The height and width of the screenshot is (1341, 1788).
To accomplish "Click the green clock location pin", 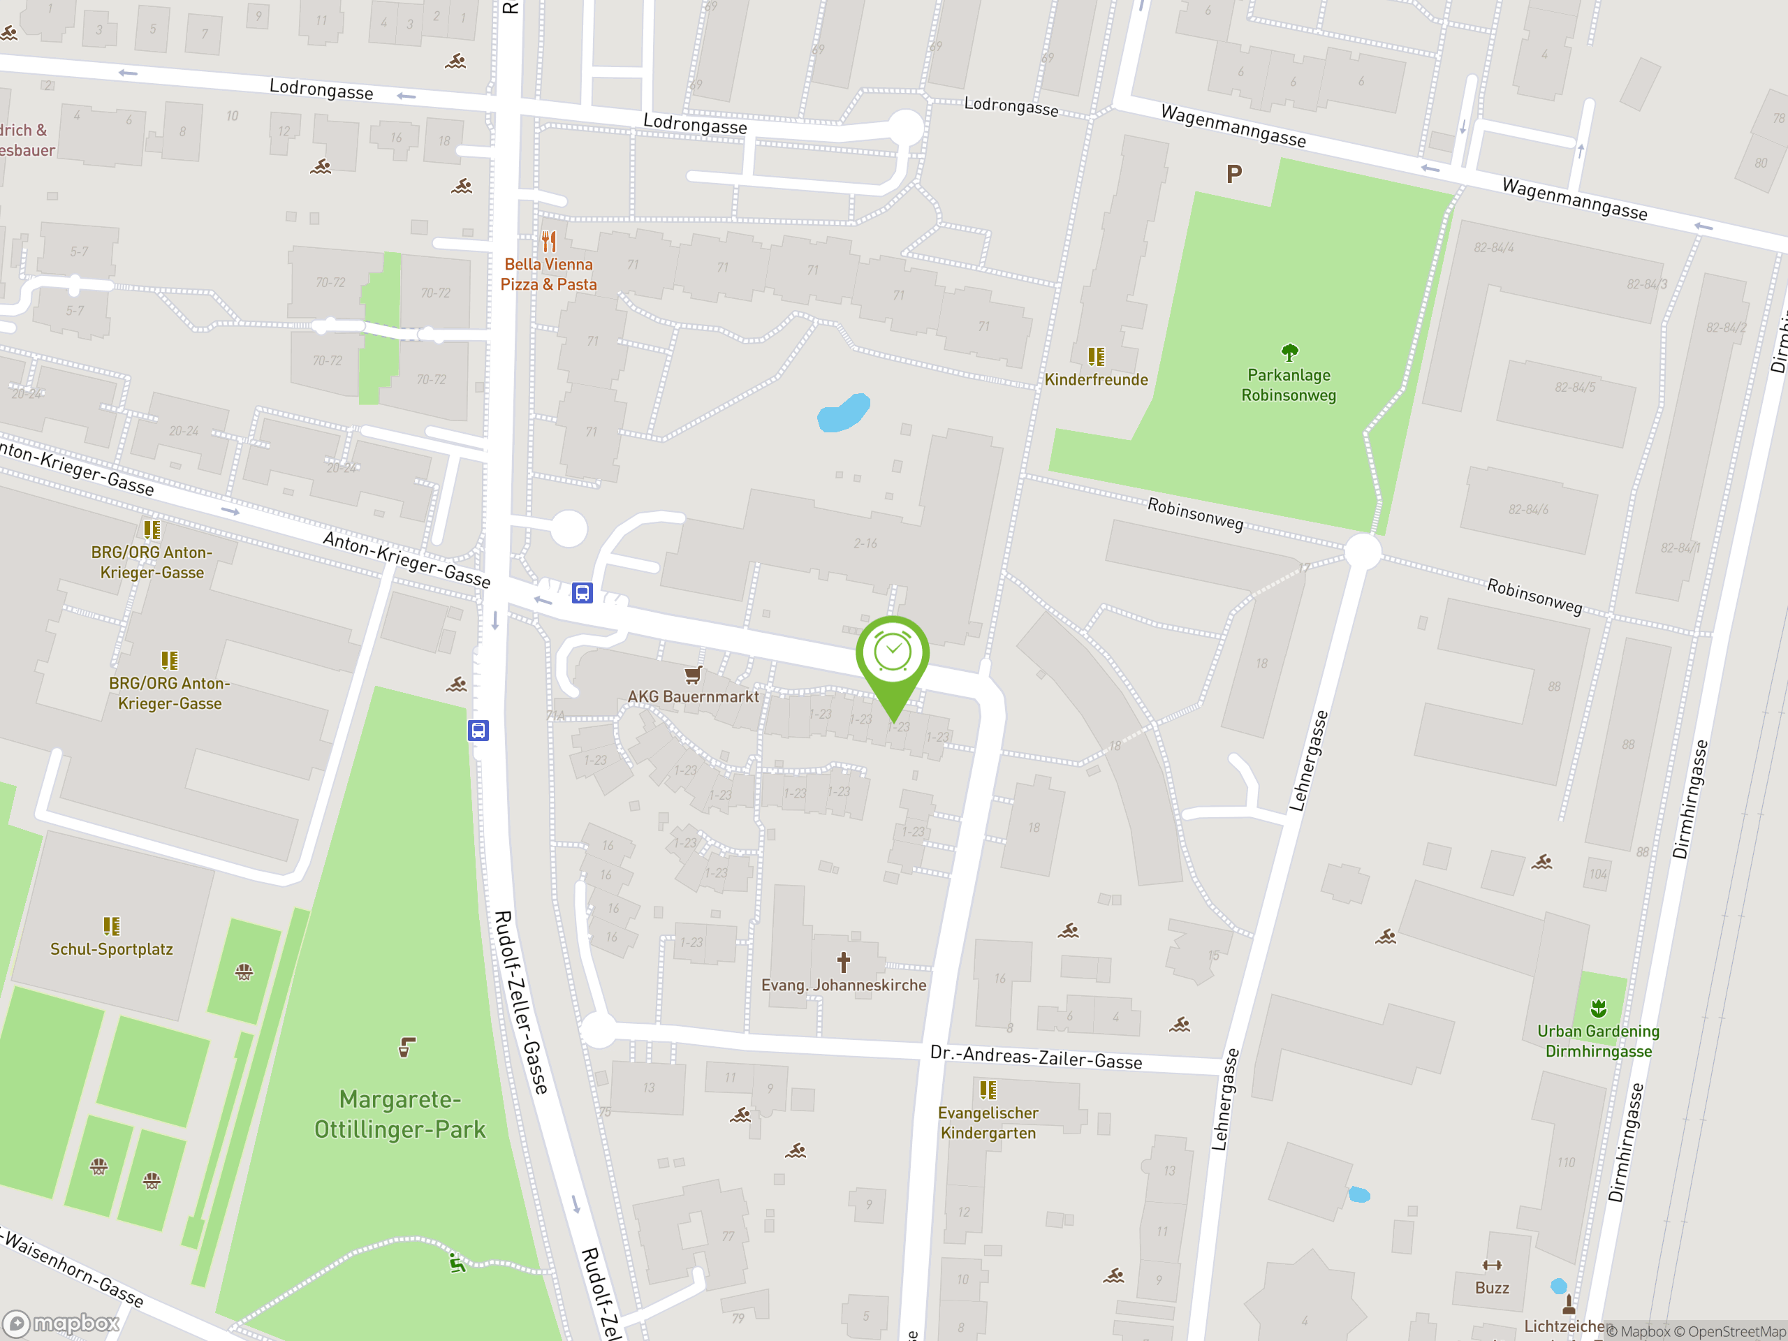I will coord(893,657).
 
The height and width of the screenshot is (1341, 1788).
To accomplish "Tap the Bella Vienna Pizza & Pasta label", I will coord(549,274).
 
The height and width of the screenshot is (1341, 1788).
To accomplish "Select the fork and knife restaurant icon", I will coord(550,241).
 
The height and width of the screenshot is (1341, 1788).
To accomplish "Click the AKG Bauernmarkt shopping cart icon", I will coord(693,674).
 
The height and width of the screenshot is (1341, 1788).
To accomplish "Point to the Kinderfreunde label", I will coord(1096,380).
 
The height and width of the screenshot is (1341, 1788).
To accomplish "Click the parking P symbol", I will coord(1233,174).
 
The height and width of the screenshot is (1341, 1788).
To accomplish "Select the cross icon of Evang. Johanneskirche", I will coord(843,962).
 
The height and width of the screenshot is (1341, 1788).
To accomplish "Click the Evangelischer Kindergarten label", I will coord(988,1123).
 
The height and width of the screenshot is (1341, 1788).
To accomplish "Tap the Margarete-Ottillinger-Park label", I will coord(400,1114).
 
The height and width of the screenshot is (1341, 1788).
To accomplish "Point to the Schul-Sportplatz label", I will coord(112,949).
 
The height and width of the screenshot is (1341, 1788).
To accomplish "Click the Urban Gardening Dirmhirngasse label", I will coord(1598,1041).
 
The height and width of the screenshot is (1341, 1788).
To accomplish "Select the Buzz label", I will coord(1491,1288).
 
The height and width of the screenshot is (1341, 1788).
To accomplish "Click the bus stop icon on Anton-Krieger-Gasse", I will coord(582,592).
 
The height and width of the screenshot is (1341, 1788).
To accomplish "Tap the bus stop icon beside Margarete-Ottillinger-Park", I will coord(478,731).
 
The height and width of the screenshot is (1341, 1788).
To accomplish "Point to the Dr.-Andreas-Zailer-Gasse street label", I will coord(1036,1057).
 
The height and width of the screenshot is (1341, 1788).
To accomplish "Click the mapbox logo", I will coord(61,1324).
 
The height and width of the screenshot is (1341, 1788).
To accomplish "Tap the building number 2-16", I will coord(865,543).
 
